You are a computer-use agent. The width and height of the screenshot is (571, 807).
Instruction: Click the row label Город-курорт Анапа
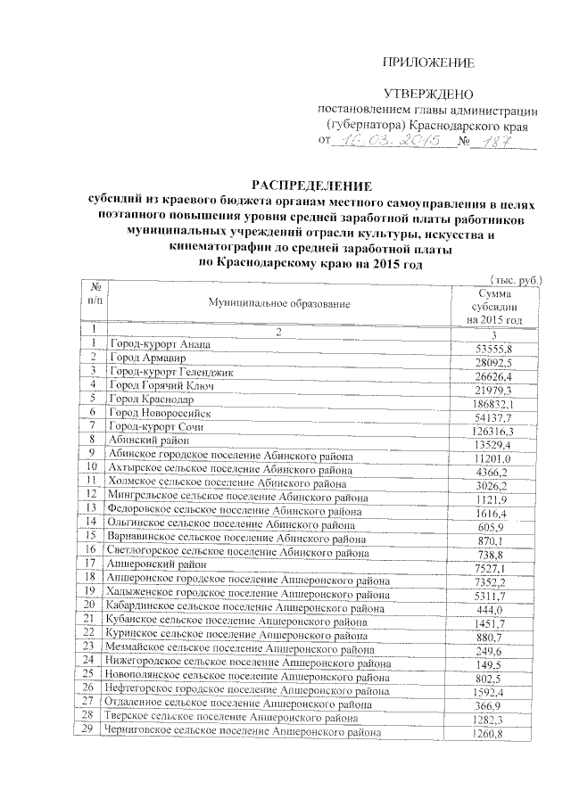(x=160, y=345)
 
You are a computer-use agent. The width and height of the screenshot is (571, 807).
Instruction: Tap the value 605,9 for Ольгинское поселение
(x=493, y=528)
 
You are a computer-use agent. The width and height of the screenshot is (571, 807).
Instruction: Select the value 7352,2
(x=493, y=582)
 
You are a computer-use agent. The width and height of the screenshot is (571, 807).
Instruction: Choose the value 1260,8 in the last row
(x=493, y=735)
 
